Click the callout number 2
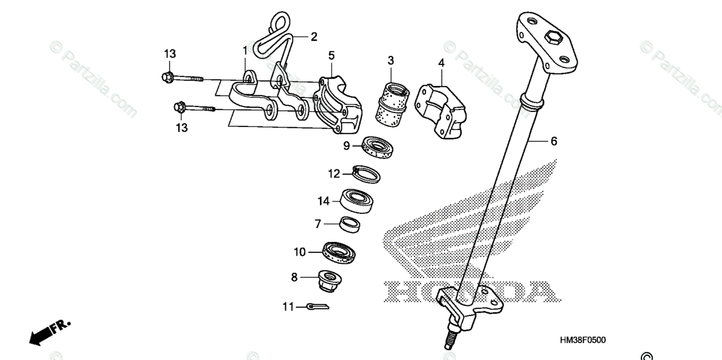coord(313,37)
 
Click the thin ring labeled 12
coord(366,173)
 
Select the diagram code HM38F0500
coord(582,340)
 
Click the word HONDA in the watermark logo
coord(469,292)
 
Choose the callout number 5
coord(332,55)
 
